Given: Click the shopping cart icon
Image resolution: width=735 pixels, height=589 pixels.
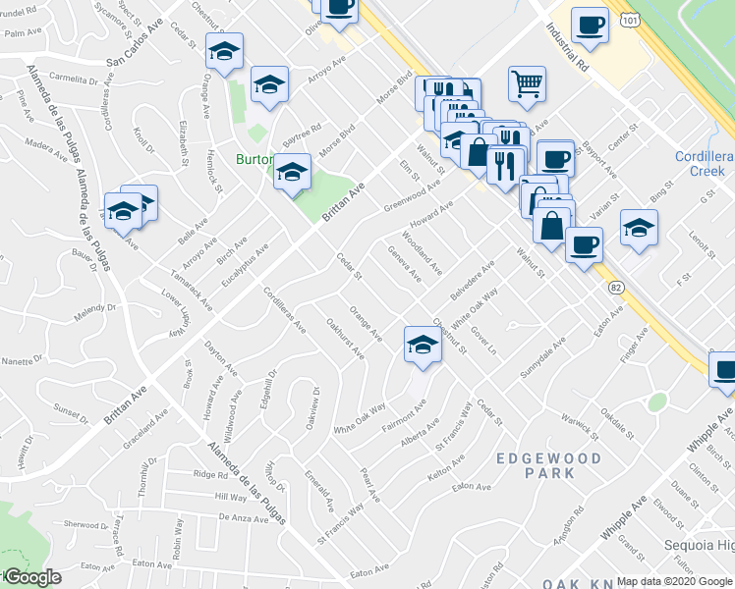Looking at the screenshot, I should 528,84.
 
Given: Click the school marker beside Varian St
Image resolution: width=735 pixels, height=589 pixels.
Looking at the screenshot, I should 639,228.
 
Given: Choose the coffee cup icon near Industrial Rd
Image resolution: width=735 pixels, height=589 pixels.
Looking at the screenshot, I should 590,24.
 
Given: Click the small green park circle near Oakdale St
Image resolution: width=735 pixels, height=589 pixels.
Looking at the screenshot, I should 656,402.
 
